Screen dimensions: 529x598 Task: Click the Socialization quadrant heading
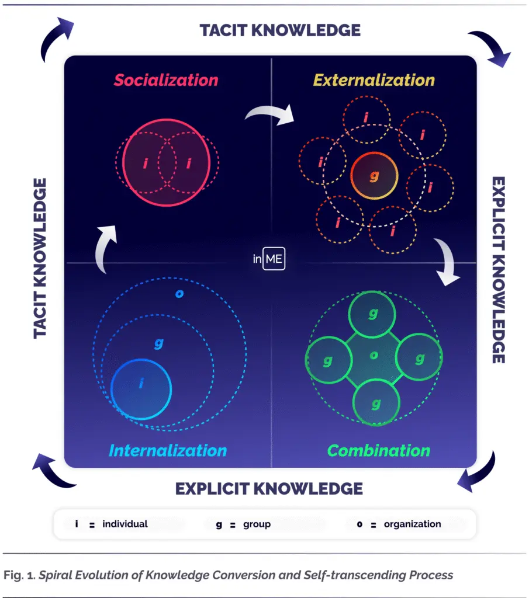[x=166, y=80]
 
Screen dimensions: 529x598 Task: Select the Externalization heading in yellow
[x=374, y=80]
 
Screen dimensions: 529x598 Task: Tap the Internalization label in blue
[x=168, y=450]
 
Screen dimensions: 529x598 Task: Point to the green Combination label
[x=379, y=450]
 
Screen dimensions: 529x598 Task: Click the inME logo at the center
[x=269, y=259]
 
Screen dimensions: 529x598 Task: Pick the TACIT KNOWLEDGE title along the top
[x=280, y=30]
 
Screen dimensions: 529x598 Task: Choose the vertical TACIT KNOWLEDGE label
[x=40, y=258]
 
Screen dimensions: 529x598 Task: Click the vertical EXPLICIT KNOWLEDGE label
[x=499, y=270]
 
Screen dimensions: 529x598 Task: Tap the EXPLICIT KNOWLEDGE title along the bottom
[x=269, y=489]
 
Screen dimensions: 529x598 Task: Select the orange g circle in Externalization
[x=374, y=176]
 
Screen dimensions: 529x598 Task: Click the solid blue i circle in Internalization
[x=141, y=390]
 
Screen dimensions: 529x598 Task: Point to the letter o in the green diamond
[x=374, y=356]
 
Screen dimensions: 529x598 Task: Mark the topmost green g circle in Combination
[x=372, y=314]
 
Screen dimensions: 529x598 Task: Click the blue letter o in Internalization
[x=179, y=294]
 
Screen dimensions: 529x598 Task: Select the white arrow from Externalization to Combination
[x=447, y=260]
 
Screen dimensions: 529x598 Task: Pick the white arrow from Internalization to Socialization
[x=103, y=248]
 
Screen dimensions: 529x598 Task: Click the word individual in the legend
[x=125, y=524]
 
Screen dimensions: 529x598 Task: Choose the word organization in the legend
[x=412, y=524]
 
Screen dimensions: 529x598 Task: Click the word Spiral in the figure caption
[x=56, y=575]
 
